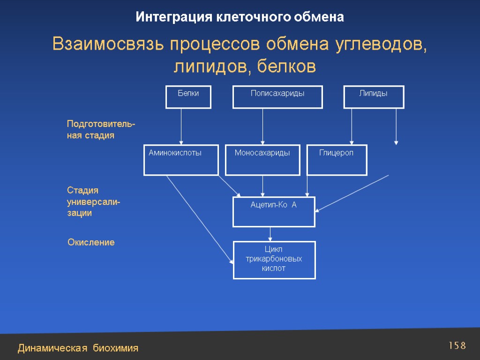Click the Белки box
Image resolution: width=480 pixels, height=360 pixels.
point(188,97)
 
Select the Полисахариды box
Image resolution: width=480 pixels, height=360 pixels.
point(277,97)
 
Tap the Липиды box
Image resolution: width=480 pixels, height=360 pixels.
point(374,97)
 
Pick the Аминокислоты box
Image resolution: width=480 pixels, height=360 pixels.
point(180,160)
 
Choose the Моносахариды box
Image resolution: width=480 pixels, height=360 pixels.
point(262,160)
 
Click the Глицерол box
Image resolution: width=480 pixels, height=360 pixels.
point(337,160)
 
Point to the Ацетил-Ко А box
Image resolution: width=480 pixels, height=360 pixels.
point(274,211)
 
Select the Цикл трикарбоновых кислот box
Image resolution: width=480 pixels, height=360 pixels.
point(274,260)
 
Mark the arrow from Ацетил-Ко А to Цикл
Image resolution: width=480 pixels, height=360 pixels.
point(270,233)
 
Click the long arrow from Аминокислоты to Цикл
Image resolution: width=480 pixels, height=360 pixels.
point(199,218)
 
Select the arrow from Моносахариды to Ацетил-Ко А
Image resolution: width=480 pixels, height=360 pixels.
point(262,186)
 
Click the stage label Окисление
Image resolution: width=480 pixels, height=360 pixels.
point(91,243)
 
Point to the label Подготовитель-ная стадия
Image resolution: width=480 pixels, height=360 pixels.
point(101,130)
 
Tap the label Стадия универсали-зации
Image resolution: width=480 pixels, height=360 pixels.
point(93,202)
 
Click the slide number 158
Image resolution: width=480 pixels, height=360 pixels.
point(457,346)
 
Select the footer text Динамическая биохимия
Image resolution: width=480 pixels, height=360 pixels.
point(78,348)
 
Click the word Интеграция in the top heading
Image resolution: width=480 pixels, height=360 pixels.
point(174,17)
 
